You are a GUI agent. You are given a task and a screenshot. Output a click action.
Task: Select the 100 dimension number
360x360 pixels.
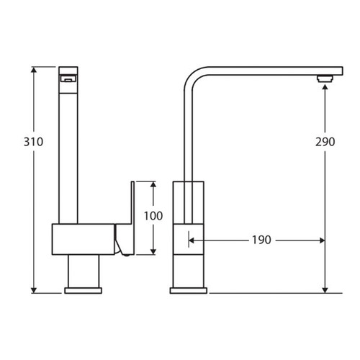click(x=153, y=215)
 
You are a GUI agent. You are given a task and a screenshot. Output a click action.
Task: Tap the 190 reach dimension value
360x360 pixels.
click(x=261, y=240)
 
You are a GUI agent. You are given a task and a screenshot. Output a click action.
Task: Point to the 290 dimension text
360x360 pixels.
click(x=325, y=142)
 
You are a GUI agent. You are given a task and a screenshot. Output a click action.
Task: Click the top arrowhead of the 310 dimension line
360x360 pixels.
click(x=33, y=71)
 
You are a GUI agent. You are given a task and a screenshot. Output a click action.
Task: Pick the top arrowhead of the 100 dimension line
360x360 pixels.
click(x=153, y=184)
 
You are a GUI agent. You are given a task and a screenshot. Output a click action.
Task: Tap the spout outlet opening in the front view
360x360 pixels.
click(x=67, y=79)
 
